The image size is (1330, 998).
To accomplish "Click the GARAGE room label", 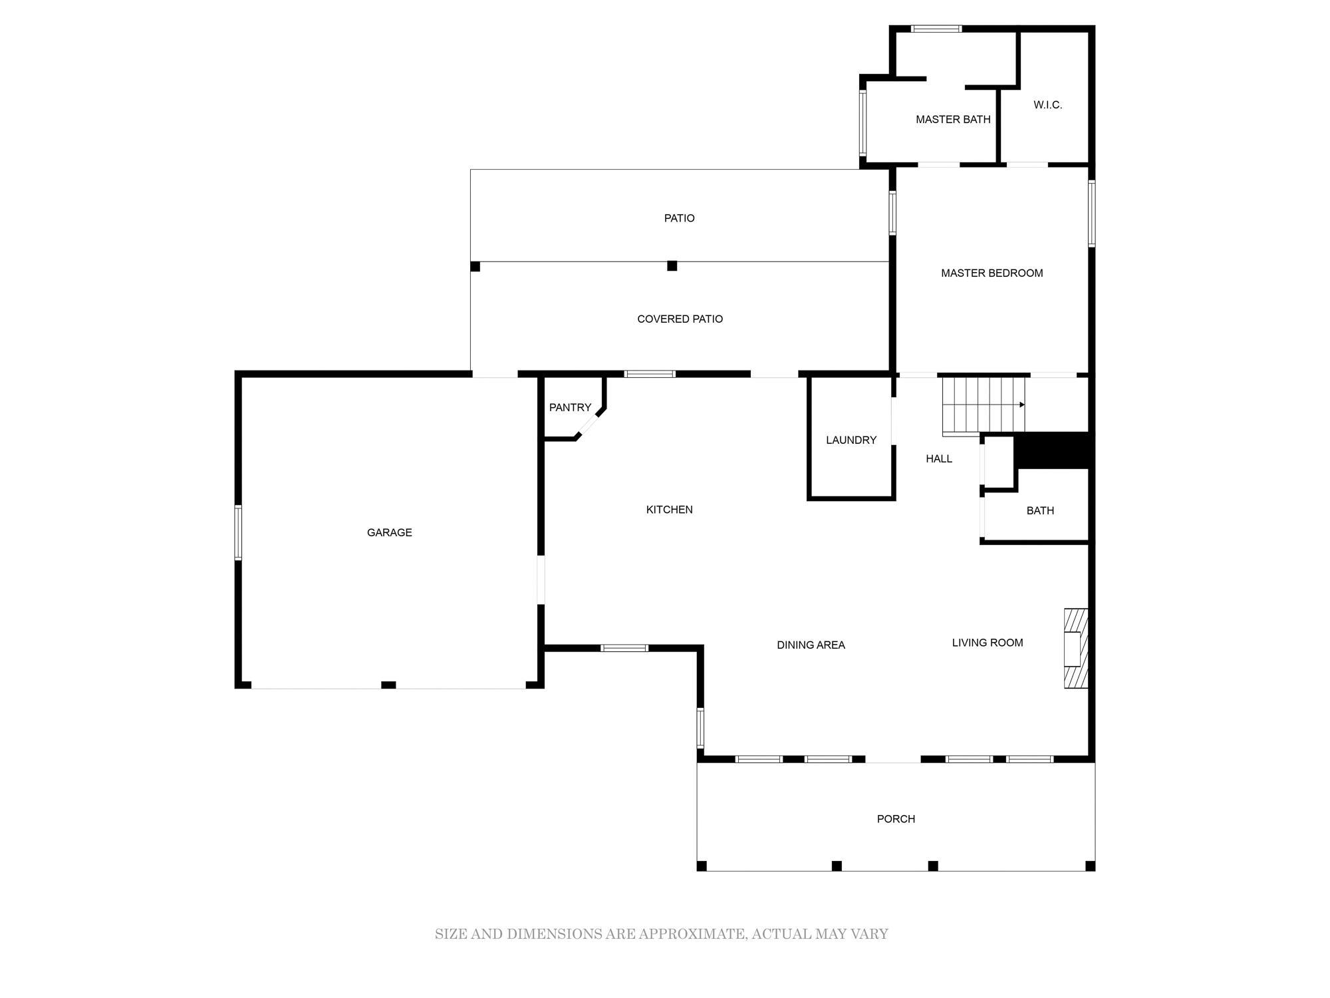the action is pyautogui.click(x=389, y=532).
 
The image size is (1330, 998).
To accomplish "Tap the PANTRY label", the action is pyautogui.click(x=570, y=407).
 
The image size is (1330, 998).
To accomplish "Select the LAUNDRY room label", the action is pyautogui.click(x=851, y=440).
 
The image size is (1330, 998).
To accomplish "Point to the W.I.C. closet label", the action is pyautogui.click(x=1047, y=104).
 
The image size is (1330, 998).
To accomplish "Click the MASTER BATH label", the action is pyautogui.click(x=953, y=119).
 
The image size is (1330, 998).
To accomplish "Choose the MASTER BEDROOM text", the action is pyautogui.click(x=992, y=273).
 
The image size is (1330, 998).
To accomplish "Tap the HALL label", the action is pyautogui.click(x=939, y=458).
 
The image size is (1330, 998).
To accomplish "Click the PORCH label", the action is pyautogui.click(x=896, y=819).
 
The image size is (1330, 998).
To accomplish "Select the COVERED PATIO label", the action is pyautogui.click(x=680, y=319).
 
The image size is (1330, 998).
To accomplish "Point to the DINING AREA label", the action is pyautogui.click(x=811, y=645).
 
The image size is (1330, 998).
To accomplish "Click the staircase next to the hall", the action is pyautogui.click(x=984, y=405).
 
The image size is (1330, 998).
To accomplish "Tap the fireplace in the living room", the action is pyautogui.click(x=1076, y=648).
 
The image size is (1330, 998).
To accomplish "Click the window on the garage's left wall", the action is pyautogui.click(x=238, y=532).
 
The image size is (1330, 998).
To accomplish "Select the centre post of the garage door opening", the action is pyautogui.click(x=388, y=685).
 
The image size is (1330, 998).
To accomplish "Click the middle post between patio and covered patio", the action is pyautogui.click(x=672, y=266).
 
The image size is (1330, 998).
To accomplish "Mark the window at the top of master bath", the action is pyautogui.click(x=936, y=29).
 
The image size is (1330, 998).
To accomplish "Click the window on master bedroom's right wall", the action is pyautogui.click(x=1091, y=214).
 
